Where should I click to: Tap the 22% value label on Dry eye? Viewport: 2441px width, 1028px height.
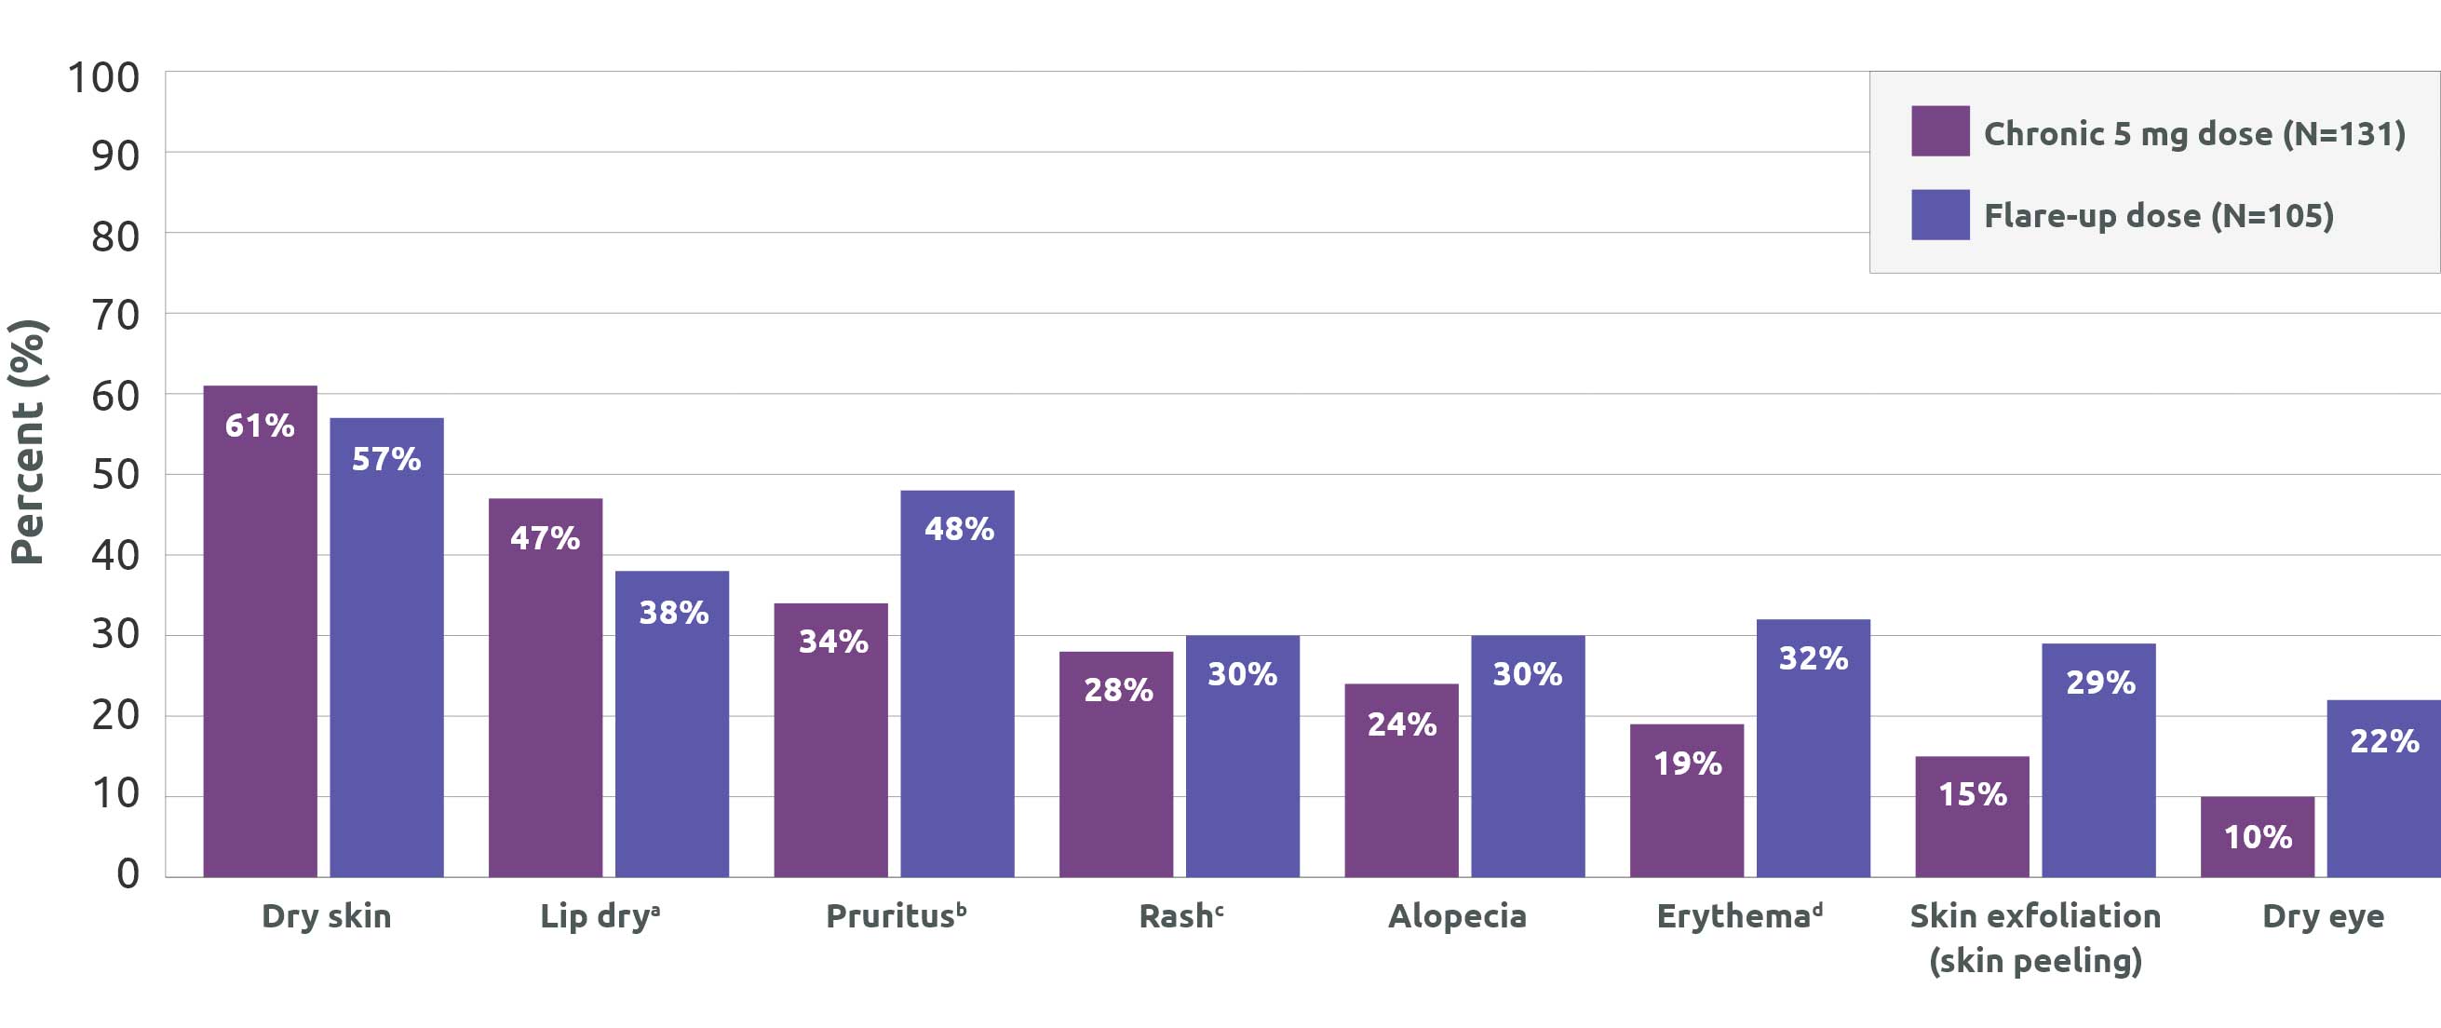click(x=2384, y=741)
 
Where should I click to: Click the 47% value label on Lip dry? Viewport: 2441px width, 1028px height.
click(x=545, y=538)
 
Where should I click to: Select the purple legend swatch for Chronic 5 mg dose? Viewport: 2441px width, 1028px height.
click(x=1940, y=130)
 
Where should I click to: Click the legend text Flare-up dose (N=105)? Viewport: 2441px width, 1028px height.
click(x=2159, y=216)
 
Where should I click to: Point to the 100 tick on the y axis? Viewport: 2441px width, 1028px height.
click(x=103, y=77)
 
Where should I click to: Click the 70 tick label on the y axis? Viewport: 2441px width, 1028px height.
click(x=115, y=315)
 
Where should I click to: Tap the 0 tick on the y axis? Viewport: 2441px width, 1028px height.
click(x=128, y=873)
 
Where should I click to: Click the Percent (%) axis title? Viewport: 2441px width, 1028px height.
click(x=29, y=442)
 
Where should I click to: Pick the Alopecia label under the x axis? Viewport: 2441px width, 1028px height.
click(x=1457, y=916)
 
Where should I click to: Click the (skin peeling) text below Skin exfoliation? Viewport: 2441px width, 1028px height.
click(x=2035, y=961)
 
